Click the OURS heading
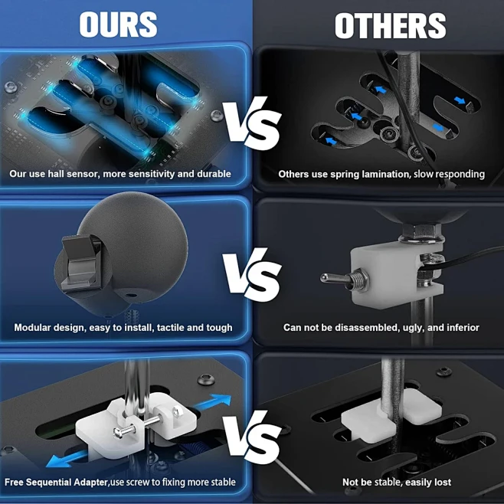pyautogui.click(x=118, y=25)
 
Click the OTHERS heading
pyautogui.click(x=390, y=26)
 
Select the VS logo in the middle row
pyautogui.click(x=252, y=274)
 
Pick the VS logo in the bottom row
pyautogui.click(x=252, y=436)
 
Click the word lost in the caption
pyautogui.click(x=442, y=482)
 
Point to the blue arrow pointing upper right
pyautogui.click(x=214, y=402)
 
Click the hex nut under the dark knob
pyautogui.click(x=420, y=231)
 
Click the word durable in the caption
pyautogui.click(x=214, y=174)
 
